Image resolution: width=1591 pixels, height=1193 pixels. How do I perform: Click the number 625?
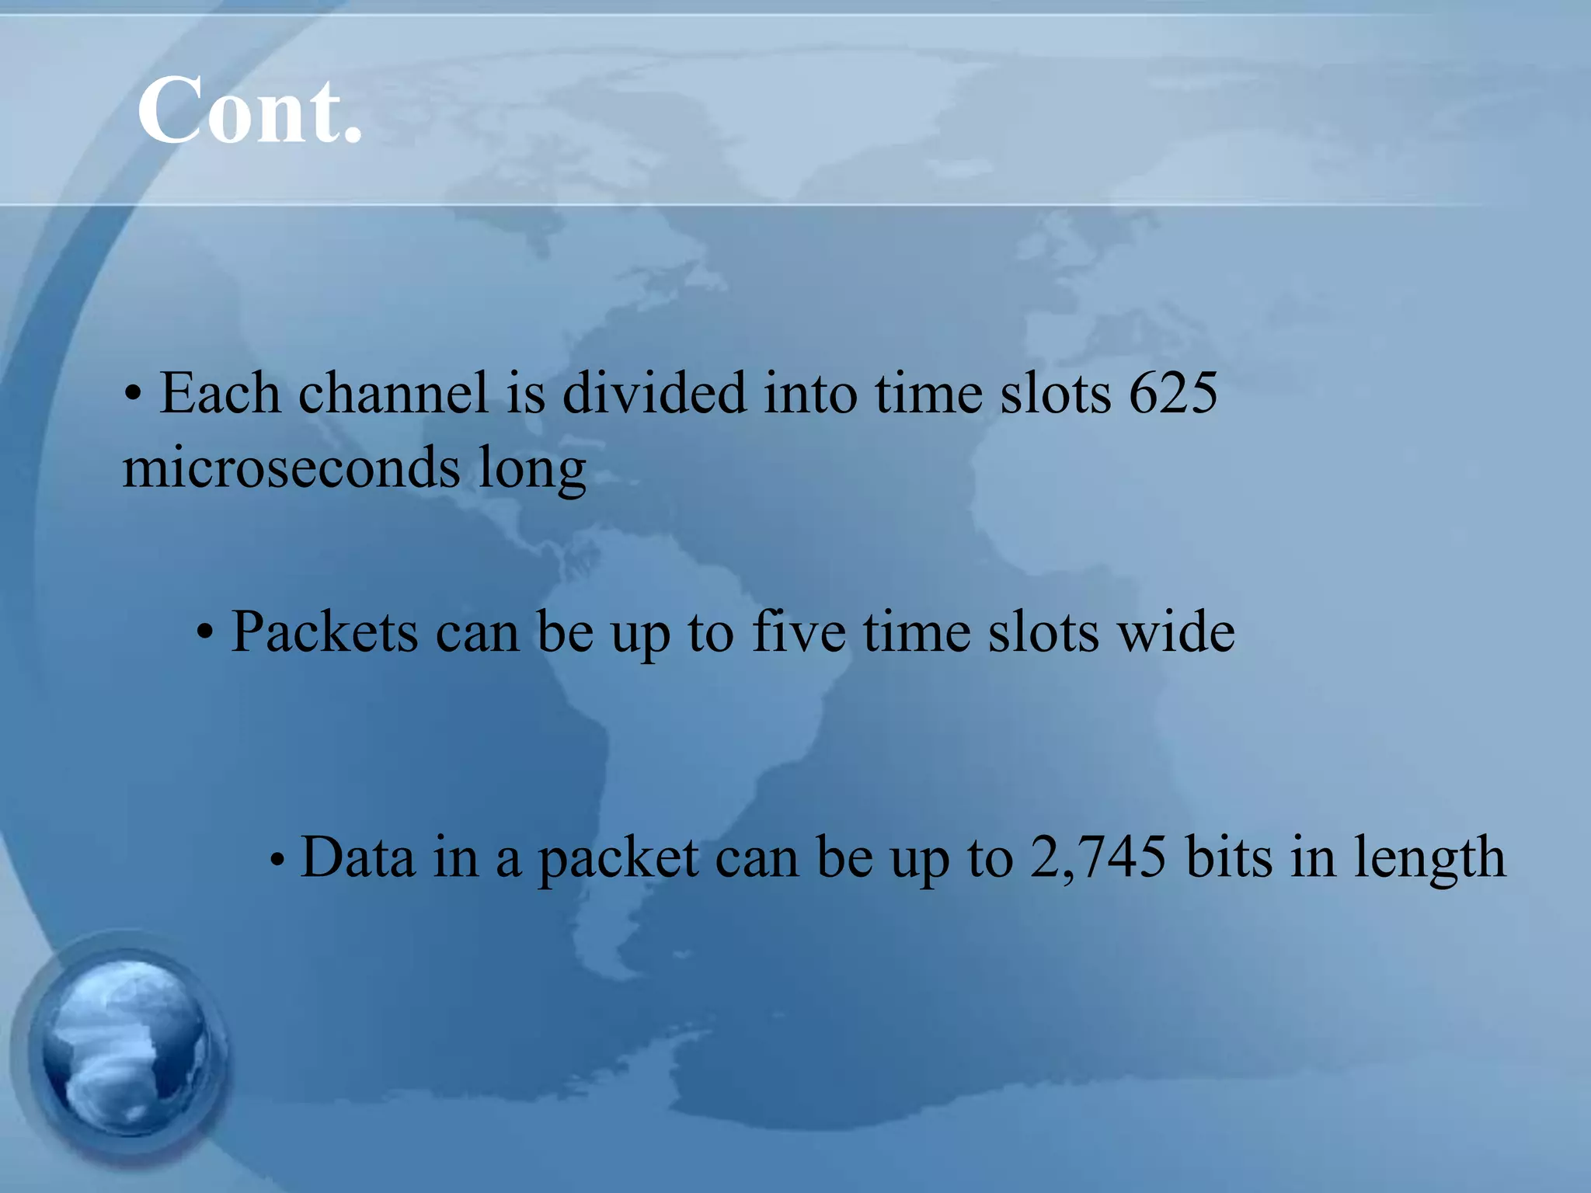(x=1173, y=393)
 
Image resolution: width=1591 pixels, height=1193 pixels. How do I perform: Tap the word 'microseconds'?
(x=292, y=468)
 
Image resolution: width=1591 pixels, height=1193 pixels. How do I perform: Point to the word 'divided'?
(x=653, y=393)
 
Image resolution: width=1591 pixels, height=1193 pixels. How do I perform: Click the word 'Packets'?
(x=325, y=631)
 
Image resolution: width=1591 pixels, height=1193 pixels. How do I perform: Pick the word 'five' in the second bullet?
(x=799, y=631)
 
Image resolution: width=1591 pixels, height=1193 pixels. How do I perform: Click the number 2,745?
(x=1098, y=857)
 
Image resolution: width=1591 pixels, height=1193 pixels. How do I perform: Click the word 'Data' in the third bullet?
(x=357, y=857)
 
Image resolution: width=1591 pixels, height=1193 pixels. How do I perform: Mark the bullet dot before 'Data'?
(x=277, y=861)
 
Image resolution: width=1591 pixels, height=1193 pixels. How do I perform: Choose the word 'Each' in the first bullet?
(x=220, y=393)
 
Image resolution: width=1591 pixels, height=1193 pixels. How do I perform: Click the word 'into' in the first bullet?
(x=809, y=393)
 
